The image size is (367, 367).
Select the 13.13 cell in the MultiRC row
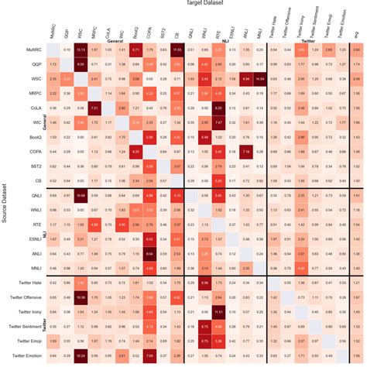[x=80, y=50]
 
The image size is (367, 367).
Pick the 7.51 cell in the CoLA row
[x=94, y=108]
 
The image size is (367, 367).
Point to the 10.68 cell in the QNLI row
[x=80, y=196]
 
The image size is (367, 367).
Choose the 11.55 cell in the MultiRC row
[x=178, y=50]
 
